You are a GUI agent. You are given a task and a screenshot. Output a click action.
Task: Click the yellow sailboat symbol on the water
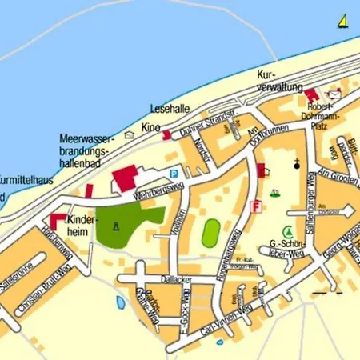point(342,21)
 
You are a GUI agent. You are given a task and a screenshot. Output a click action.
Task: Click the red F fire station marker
point(256,206)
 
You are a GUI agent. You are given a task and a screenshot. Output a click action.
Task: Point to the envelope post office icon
point(334,94)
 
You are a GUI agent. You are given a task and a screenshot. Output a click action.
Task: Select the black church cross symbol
point(297,166)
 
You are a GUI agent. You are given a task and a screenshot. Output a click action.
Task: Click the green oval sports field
point(210,233)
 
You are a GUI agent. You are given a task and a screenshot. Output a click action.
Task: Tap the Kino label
point(150,127)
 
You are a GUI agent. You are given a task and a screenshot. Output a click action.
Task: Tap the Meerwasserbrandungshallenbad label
point(88,149)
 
